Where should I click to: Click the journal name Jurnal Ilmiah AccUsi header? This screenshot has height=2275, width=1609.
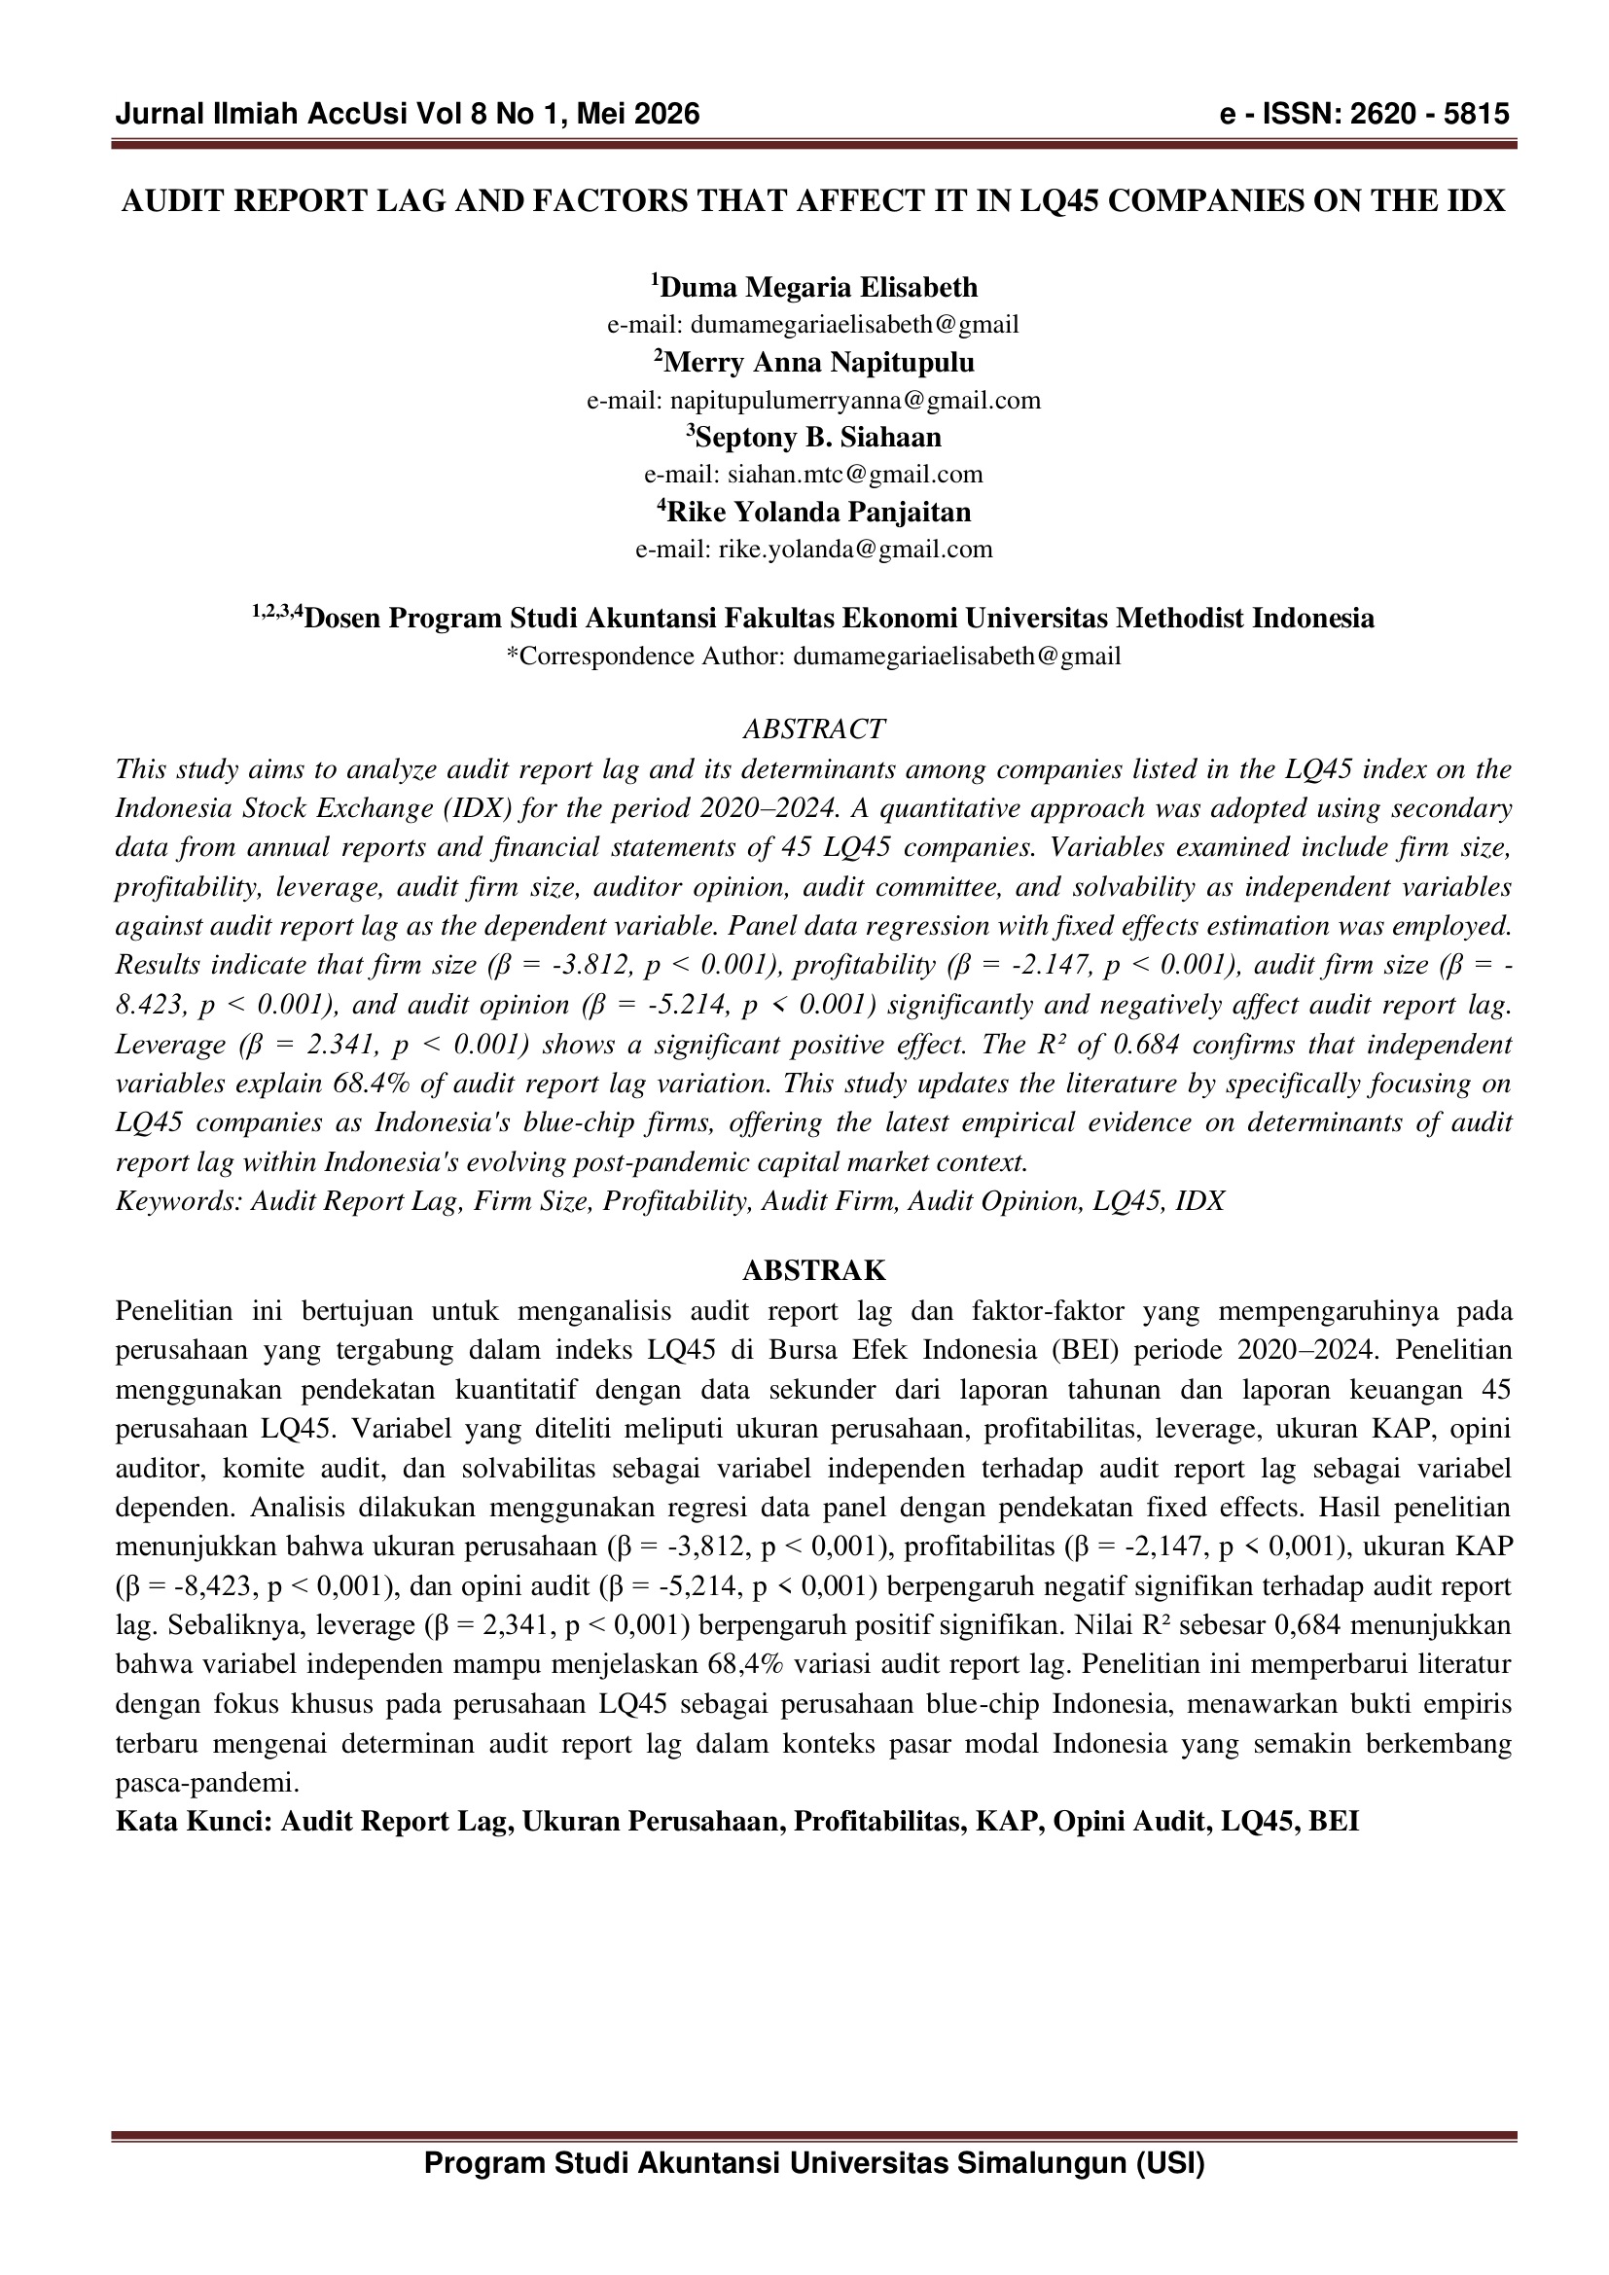[x=263, y=115]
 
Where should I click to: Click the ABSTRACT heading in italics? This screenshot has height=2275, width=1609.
[x=813, y=729]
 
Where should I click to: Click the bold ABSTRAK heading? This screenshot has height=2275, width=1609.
[x=813, y=1271]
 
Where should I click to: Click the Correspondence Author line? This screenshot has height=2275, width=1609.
[x=813, y=656]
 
